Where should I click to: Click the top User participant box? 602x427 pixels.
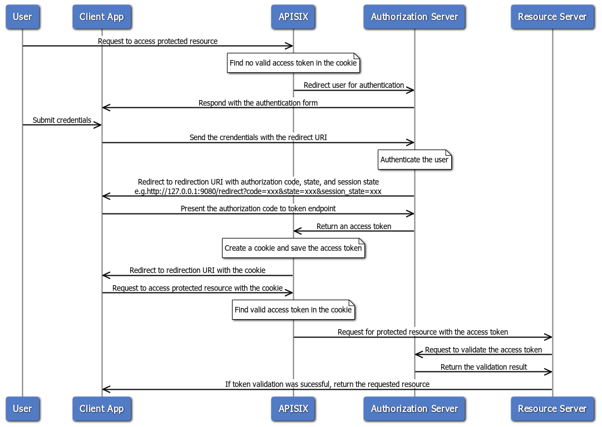22,17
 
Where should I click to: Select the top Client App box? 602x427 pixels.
101,17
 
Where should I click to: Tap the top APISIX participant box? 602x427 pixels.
293,17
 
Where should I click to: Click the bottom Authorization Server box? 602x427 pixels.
414,409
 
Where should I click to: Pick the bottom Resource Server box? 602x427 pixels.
552,409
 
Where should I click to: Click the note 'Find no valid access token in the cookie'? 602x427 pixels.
293,63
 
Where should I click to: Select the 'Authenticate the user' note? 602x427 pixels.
414,160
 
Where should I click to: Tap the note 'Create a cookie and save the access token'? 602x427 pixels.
293,248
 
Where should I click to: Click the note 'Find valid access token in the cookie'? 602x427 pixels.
293,310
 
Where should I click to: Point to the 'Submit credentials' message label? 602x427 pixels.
62,120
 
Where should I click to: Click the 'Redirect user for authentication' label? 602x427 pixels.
354,85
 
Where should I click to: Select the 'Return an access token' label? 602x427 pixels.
354,226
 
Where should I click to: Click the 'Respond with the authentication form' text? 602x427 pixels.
258,103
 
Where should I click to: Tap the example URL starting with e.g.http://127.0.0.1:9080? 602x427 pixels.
258,191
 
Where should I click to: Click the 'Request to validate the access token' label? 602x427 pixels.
483,350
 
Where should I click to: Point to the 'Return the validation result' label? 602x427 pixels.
483,367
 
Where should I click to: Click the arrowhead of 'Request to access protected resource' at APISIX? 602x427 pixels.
289,46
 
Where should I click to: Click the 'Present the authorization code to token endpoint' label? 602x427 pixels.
258,208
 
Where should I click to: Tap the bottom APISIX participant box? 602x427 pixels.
293,409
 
